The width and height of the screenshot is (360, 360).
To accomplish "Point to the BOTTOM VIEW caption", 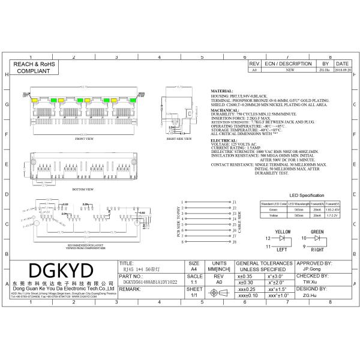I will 83,188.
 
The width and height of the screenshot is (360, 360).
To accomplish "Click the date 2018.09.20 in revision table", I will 342,70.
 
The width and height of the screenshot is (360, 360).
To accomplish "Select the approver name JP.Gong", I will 311,270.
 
